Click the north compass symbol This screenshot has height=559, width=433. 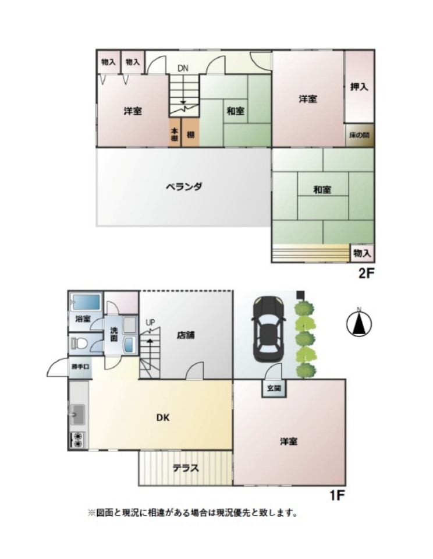[359, 323]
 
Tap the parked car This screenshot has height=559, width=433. [269, 329]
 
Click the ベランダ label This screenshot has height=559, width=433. [184, 186]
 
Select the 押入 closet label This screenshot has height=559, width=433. [359, 87]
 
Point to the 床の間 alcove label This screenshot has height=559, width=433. [359, 135]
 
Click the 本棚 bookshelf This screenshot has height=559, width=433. [175, 133]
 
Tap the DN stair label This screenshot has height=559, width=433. [183, 69]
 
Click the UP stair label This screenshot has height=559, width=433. [150, 323]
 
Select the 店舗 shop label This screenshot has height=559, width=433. [186, 335]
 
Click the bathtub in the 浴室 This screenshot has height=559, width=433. [86, 302]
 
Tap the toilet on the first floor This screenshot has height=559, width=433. [79, 344]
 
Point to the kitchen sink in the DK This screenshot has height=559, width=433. [77, 415]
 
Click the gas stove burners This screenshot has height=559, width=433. [77, 440]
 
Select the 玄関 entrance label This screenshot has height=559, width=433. [274, 388]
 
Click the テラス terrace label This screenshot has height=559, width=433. [186, 468]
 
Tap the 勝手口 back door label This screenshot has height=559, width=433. [80, 366]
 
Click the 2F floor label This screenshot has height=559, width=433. [366, 274]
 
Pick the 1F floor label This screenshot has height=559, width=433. [336, 495]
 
